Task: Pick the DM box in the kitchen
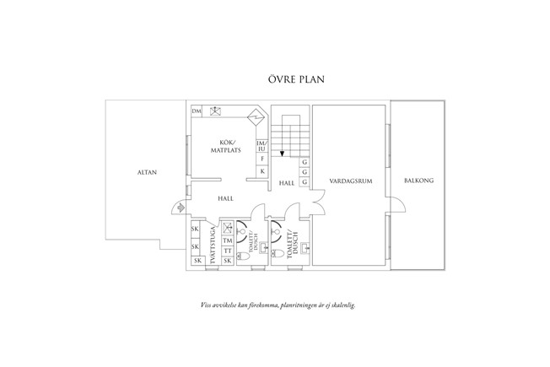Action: pos(197,111)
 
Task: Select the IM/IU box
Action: pos(262,146)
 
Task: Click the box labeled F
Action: pos(262,159)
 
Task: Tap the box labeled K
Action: pos(262,171)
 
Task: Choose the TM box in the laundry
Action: pos(227,240)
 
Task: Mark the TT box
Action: pos(227,251)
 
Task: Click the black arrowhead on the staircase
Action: pos(282,153)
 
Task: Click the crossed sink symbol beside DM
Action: pos(215,111)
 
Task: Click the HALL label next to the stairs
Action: pos(286,182)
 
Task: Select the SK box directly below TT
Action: pos(227,261)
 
